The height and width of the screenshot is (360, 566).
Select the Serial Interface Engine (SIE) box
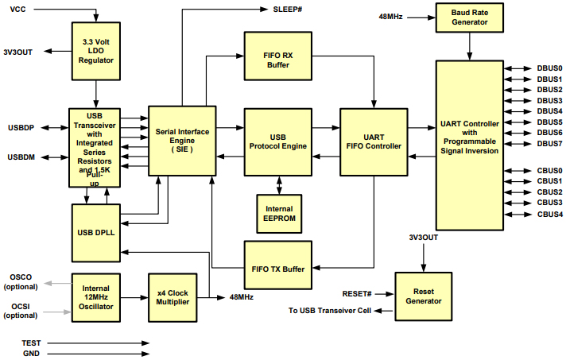(182, 141)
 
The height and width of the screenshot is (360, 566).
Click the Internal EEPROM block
(278, 214)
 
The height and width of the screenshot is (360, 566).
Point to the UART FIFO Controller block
(374, 141)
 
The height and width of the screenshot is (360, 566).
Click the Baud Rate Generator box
(470, 17)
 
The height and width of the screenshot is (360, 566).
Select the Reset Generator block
(424, 296)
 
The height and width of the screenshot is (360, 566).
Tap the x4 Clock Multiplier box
(173, 297)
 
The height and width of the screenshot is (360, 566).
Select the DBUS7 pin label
(549, 144)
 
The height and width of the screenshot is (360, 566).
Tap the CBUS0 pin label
(549, 171)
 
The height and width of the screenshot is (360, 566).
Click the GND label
(31, 353)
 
